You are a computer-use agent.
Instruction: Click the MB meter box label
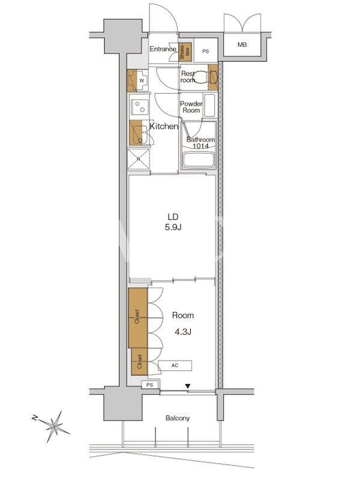(x=242, y=44)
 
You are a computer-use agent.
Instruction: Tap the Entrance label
(x=163, y=49)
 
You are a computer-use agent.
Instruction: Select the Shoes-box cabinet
(x=185, y=51)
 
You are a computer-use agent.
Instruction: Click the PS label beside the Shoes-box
(x=205, y=52)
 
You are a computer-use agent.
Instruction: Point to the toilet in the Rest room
(x=201, y=77)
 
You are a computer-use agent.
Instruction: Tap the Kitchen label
(x=164, y=127)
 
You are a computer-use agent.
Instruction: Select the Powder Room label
(x=191, y=107)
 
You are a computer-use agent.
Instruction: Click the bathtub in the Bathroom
(x=198, y=160)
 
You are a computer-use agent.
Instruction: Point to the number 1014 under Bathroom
(x=200, y=146)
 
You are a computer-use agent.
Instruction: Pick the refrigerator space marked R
(x=139, y=159)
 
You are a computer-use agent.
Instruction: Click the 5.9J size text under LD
(x=173, y=227)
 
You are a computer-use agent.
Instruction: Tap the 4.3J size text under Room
(x=183, y=332)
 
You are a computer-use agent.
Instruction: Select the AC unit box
(x=175, y=365)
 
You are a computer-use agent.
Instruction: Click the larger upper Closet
(x=138, y=318)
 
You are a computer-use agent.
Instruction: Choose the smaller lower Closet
(x=139, y=362)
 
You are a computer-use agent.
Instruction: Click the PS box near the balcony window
(x=149, y=385)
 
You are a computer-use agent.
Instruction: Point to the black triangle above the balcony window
(x=188, y=386)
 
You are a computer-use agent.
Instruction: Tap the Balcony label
(x=178, y=418)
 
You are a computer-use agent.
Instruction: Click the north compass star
(x=54, y=426)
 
